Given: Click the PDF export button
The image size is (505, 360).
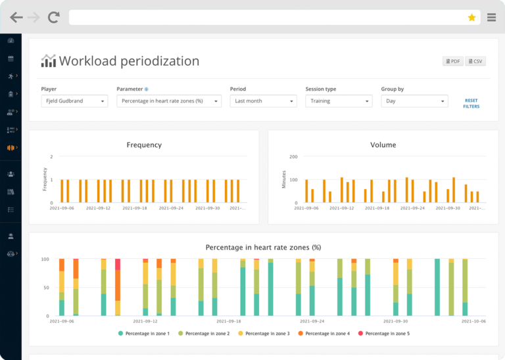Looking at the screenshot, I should click(453, 61).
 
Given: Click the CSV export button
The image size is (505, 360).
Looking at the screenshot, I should click(475, 61).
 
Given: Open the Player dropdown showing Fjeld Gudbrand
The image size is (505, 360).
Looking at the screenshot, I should click(74, 101).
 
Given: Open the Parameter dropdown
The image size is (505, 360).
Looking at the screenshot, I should click(169, 101).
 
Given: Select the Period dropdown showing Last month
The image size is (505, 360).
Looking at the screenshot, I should click(263, 101).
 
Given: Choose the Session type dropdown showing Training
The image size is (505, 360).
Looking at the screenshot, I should click(339, 101).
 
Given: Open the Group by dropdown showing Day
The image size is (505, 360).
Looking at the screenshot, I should click(414, 101).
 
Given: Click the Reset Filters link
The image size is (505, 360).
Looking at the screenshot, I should click(471, 103).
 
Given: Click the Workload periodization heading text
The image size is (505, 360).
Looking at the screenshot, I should click(129, 61).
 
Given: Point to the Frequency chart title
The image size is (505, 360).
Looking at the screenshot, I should click(144, 145).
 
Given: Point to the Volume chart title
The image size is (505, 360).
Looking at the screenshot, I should click(383, 145).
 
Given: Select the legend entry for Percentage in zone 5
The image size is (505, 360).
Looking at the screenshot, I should click(387, 334).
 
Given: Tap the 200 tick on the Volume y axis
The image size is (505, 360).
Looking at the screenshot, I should click(293, 156).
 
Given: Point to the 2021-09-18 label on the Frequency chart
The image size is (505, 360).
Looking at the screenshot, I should click(134, 208).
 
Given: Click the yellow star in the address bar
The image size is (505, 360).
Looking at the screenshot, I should click(471, 18).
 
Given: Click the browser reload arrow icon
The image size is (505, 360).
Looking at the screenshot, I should click(54, 18).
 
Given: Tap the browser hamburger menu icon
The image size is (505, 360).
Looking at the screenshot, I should click(491, 18).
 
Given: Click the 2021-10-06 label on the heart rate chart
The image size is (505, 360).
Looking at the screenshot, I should click(473, 322).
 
